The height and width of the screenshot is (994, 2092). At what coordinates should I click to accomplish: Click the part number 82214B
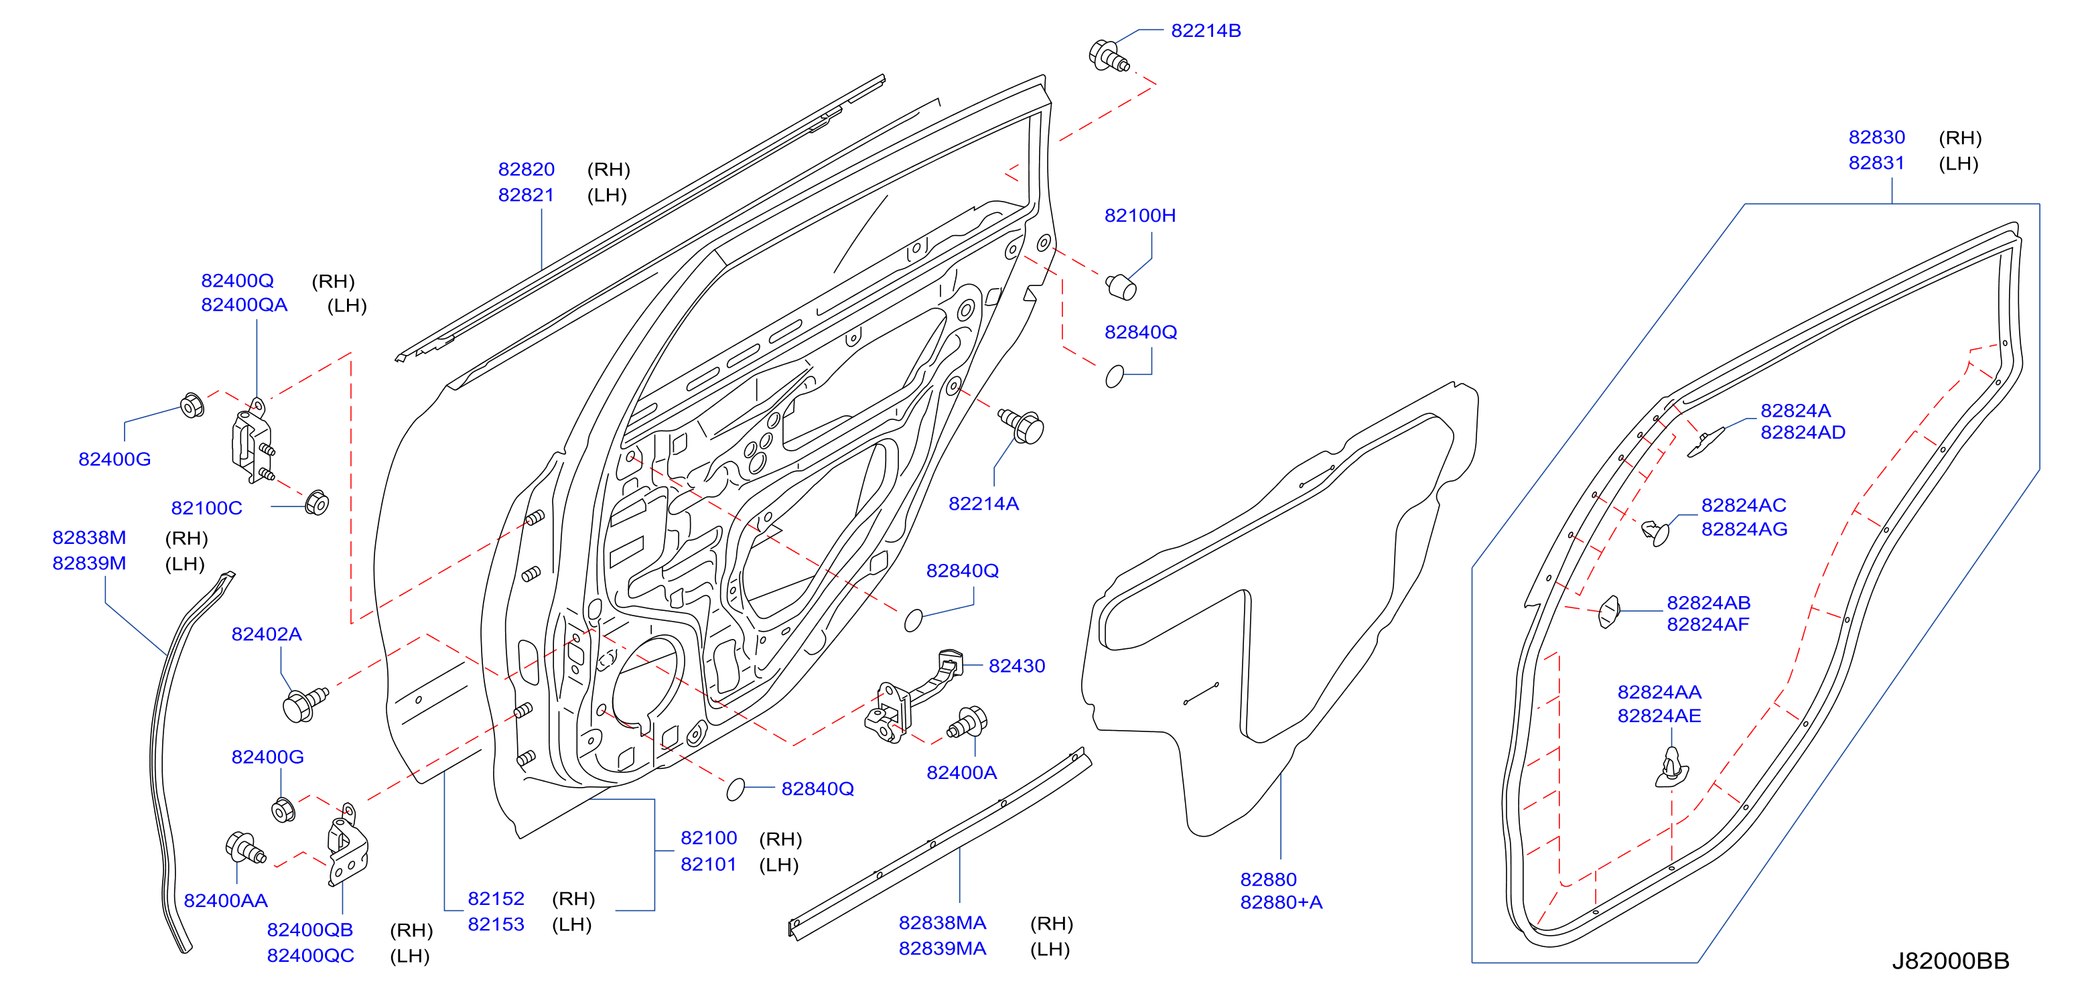point(1206,31)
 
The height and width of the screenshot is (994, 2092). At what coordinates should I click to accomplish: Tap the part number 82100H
point(1139,215)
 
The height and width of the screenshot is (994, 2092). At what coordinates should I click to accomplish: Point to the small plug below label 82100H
point(1121,287)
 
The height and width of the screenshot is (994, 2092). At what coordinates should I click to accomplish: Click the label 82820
point(527,169)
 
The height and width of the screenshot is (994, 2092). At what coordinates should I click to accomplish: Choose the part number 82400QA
point(245,305)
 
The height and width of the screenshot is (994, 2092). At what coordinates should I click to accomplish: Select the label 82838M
point(89,538)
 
